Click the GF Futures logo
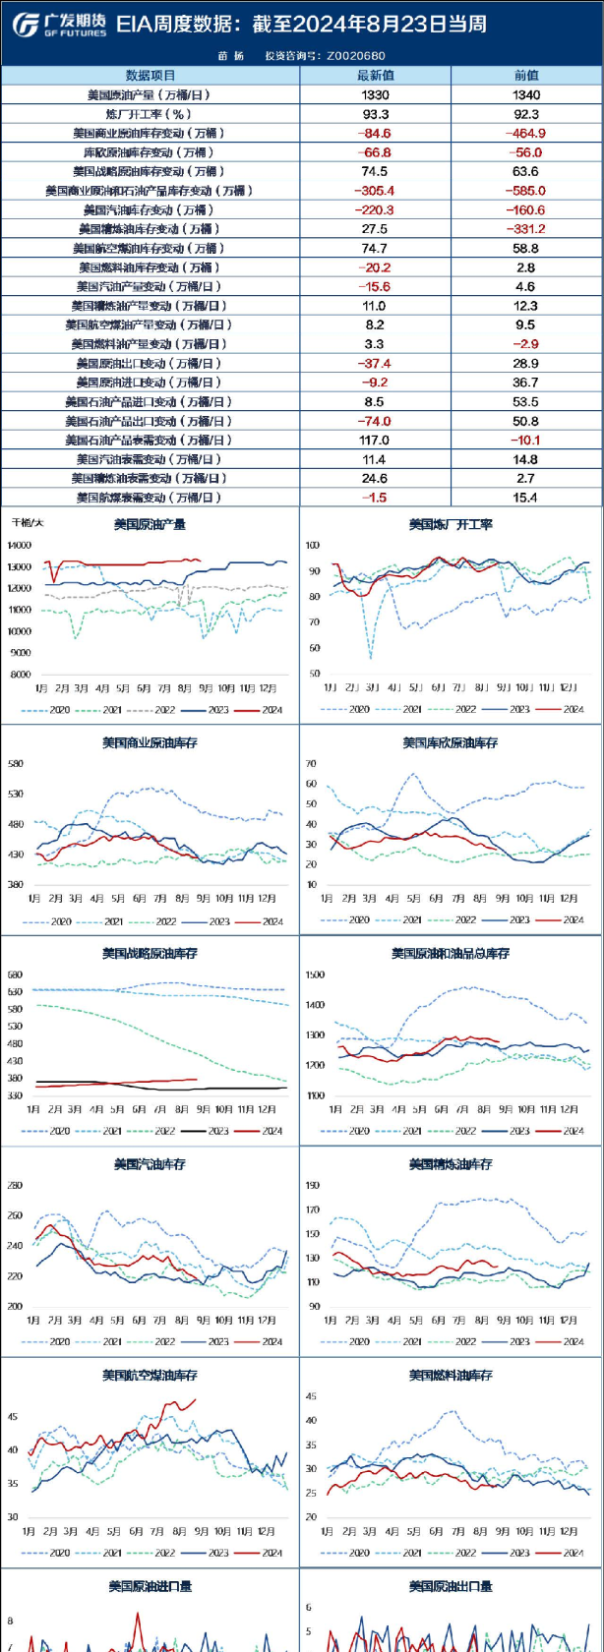coord(59,25)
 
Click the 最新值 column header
coord(375,76)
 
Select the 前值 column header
coord(526,76)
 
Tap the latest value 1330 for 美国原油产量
coord(375,95)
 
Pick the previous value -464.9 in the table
coord(525,134)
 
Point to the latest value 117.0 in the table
coord(375,441)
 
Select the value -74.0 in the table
coord(375,421)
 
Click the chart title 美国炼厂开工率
coord(451,525)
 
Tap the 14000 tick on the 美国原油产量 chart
coord(19,546)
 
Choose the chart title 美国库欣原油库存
coord(451,743)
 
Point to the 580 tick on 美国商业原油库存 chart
coord(16,764)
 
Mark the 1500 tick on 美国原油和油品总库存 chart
coord(315,975)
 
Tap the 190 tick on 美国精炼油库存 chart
coord(313,1186)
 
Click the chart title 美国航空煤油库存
coord(150,1375)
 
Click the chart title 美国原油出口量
coord(451,1586)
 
